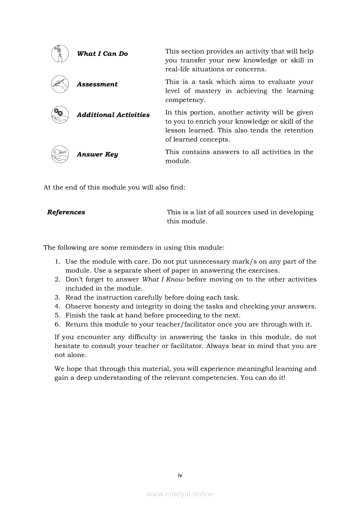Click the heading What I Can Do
pyautogui.click(x=102, y=54)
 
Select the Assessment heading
pyautogui.click(x=97, y=84)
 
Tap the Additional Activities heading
pyautogui.click(x=113, y=115)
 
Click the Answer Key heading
pyautogui.click(x=97, y=155)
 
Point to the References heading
pyautogui.click(x=66, y=212)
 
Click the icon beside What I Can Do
pyautogui.click(x=60, y=54)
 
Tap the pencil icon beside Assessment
pyautogui.click(x=60, y=84)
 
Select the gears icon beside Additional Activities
pyautogui.click(x=60, y=115)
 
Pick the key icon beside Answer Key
pyautogui.click(x=60, y=154)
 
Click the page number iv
pyautogui.click(x=180, y=475)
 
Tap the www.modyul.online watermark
pyautogui.click(x=180, y=494)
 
